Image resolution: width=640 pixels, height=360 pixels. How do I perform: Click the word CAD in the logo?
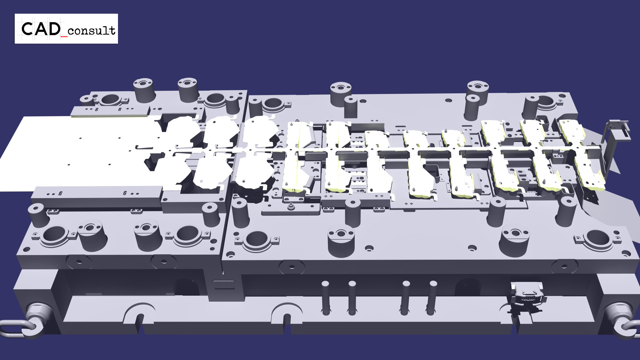[41, 29]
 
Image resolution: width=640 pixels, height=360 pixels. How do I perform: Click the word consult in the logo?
[91, 31]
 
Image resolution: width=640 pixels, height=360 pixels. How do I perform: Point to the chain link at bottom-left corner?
[15, 328]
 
